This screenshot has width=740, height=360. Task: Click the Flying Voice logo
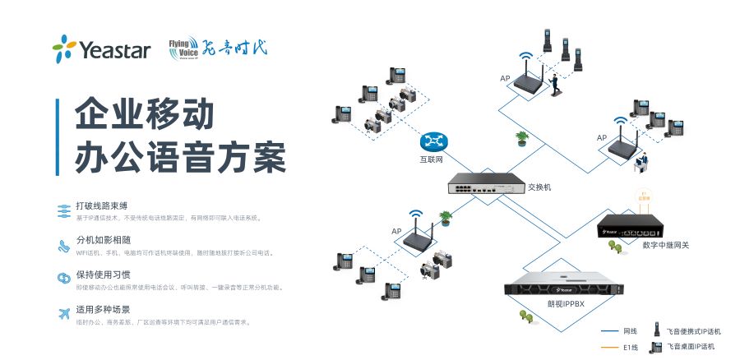click(217, 48)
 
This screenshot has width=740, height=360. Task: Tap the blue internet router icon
click(432, 141)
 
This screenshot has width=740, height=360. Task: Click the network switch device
click(485, 187)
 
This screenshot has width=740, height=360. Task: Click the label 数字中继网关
click(664, 245)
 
